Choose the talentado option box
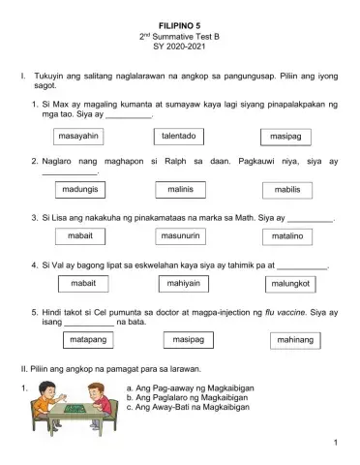[179, 137]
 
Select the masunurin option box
[181, 235]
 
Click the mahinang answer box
[295, 342]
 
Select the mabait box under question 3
[81, 235]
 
